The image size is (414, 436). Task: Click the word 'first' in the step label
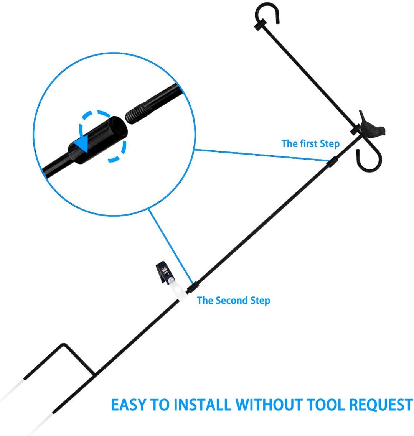click(x=308, y=143)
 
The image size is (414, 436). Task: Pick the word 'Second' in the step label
click(x=231, y=300)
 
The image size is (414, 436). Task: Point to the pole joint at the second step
click(x=192, y=288)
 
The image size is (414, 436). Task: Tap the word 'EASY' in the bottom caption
click(x=129, y=405)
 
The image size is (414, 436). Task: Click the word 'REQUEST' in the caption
click(x=381, y=405)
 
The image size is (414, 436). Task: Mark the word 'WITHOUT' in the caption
click(x=269, y=405)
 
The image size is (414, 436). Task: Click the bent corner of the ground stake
click(x=64, y=345)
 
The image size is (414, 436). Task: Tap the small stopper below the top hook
click(x=261, y=25)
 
